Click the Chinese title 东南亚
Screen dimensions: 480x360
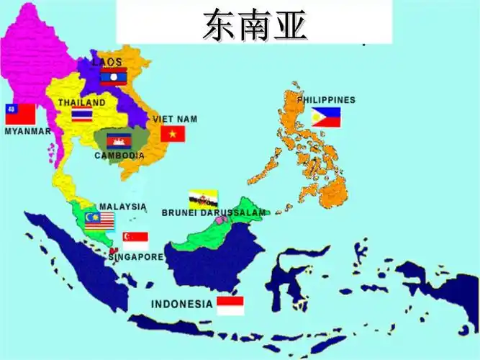coord(255,25)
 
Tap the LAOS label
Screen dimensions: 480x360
coord(107,63)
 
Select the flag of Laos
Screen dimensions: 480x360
coord(114,76)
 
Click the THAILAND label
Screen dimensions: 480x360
coord(82,103)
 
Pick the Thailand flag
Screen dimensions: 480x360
coord(82,115)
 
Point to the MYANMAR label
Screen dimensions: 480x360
coord(27,132)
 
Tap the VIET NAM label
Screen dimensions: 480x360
coord(175,119)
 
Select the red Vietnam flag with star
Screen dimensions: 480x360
coord(173,134)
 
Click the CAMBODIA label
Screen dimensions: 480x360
coord(119,156)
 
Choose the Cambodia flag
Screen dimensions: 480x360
coord(118,141)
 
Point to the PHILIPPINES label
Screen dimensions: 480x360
coord(327,100)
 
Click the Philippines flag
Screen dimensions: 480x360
coord(326,117)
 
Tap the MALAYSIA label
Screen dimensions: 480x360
coord(123,207)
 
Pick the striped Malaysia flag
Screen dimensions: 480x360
coord(99,220)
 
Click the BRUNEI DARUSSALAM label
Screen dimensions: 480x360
coord(214,212)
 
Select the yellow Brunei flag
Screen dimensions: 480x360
coord(204,199)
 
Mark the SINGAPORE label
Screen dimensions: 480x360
coord(136,257)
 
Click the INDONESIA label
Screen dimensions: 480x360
coord(181,304)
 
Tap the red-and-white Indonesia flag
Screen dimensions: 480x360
coord(230,305)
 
